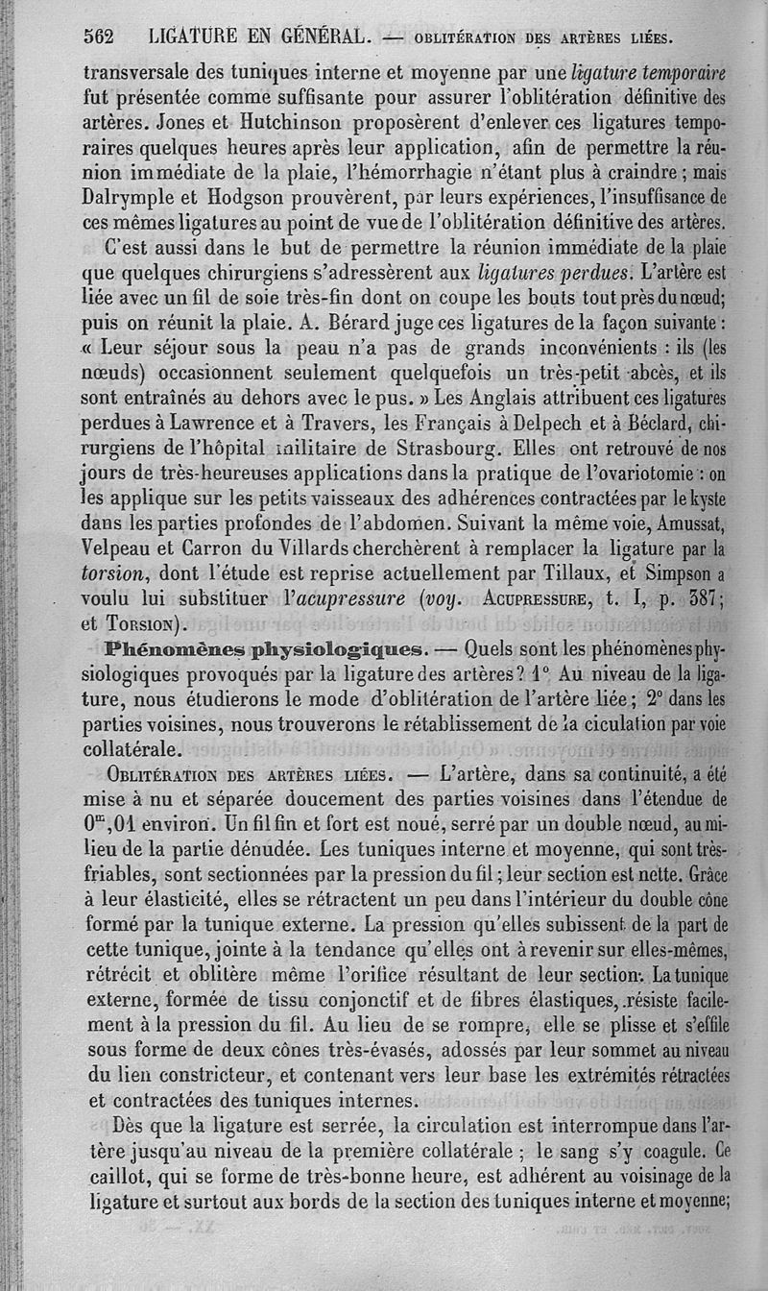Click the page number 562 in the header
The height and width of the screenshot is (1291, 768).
[x=98, y=37]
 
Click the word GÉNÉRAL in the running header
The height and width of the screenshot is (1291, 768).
[x=314, y=37]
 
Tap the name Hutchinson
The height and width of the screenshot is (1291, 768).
[x=285, y=124]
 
